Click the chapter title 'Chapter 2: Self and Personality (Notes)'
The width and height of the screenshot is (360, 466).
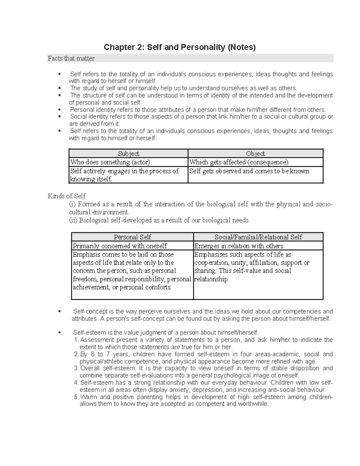(x=179, y=47)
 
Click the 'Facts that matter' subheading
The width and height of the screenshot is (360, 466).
(x=71, y=59)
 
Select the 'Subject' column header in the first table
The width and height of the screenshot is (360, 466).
(x=128, y=154)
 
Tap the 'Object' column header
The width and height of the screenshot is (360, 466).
(x=255, y=154)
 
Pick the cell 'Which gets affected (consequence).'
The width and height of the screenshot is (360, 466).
(x=239, y=162)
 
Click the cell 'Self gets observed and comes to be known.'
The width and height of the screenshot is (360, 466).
(x=250, y=171)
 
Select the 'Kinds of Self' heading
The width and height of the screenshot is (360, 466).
(x=67, y=196)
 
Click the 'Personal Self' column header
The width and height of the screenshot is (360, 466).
(x=132, y=237)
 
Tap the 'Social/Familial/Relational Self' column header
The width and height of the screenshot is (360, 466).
(x=258, y=237)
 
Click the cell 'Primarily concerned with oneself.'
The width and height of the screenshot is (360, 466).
(x=120, y=246)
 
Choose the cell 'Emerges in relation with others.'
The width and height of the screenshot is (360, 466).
(x=239, y=246)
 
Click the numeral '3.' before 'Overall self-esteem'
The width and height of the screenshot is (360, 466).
(x=76, y=368)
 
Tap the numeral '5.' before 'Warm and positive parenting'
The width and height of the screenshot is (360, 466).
(x=76, y=397)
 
